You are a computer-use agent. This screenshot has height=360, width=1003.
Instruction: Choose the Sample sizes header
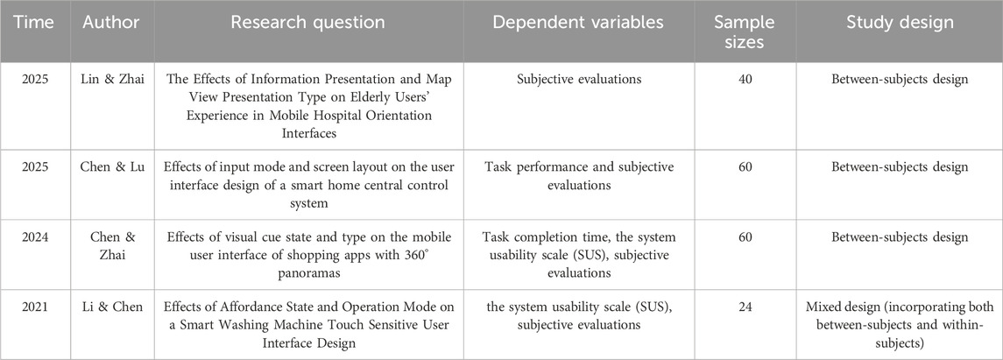click(x=737, y=32)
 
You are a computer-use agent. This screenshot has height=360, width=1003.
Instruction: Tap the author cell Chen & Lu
click(x=106, y=167)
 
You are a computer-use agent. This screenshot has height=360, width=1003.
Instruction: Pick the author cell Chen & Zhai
click(x=106, y=245)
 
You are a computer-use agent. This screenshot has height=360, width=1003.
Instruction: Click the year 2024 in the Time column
click(x=33, y=237)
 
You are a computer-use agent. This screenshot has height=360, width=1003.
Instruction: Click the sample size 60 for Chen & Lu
click(x=737, y=167)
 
